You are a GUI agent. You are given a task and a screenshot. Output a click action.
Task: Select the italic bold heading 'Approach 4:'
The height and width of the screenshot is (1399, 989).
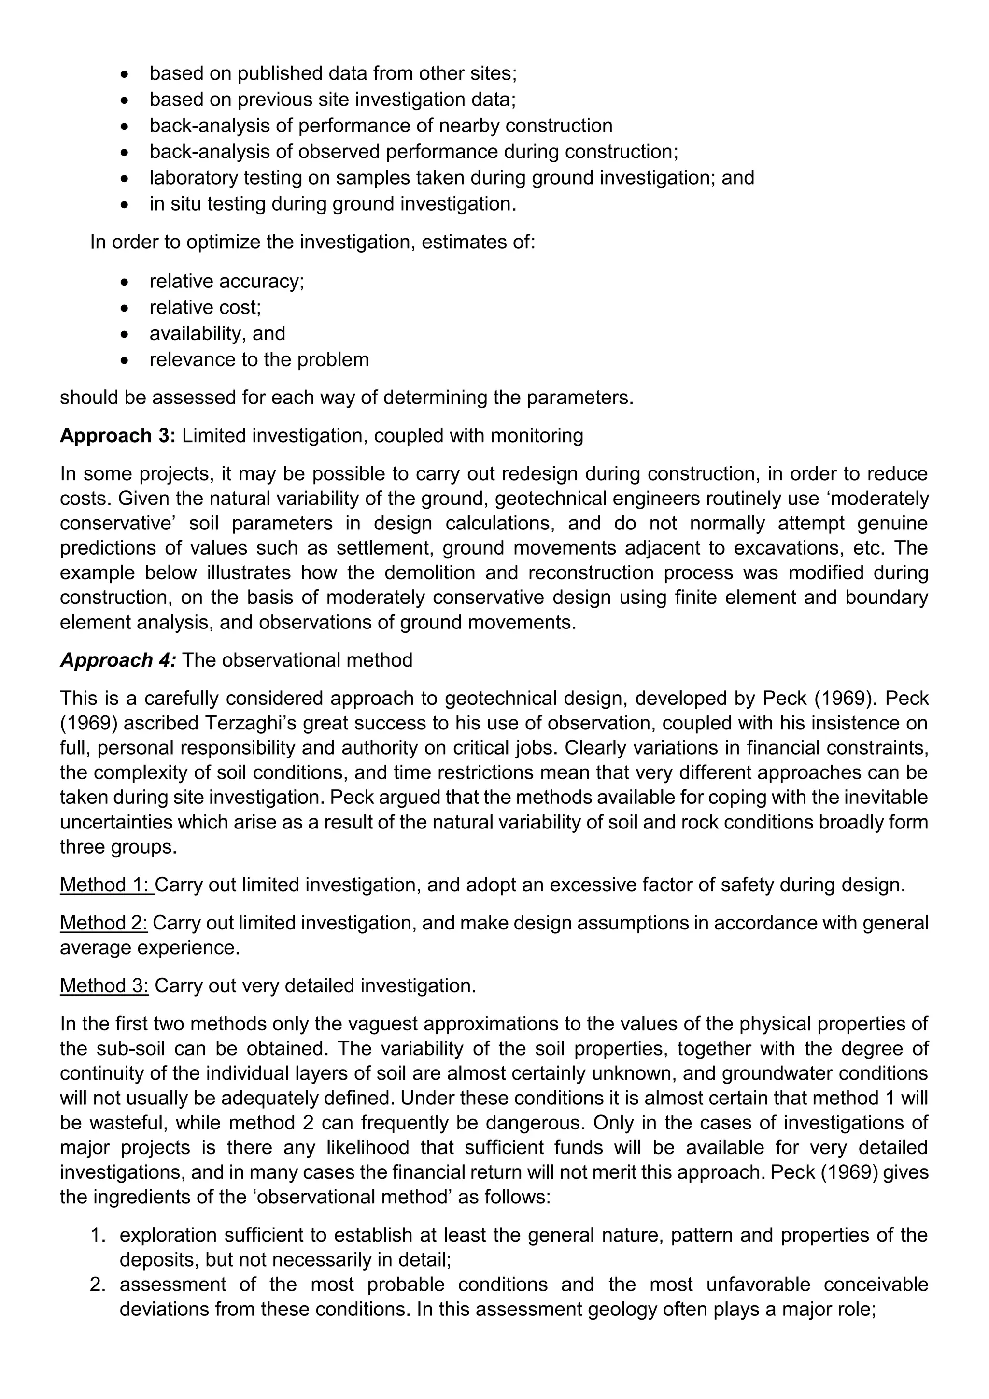117,660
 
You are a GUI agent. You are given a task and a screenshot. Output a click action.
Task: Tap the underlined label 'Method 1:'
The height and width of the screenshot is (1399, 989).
107,885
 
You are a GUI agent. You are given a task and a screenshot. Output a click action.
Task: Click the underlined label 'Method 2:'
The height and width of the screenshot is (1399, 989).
103,923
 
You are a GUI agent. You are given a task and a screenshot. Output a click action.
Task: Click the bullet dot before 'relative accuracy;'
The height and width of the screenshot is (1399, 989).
125,282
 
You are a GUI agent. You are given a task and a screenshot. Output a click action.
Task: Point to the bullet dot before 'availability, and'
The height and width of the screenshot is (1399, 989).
125,334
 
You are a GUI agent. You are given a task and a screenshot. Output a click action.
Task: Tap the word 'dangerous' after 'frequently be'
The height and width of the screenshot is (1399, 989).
535,1123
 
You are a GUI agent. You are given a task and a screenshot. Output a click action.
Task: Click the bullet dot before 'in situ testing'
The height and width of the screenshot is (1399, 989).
125,205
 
